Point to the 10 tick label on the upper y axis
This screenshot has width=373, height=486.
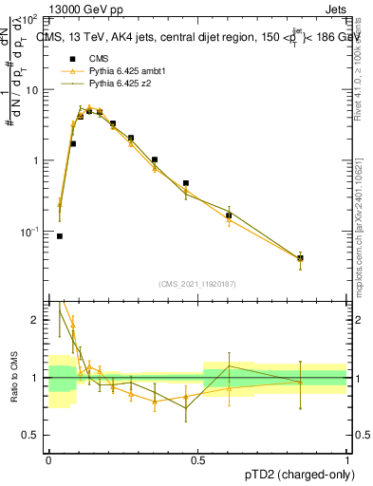click(31, 89)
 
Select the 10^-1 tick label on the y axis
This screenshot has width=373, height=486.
click(28, 232)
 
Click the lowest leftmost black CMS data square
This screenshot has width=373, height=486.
click(60, 236)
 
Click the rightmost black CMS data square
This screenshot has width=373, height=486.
click(300, 258)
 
